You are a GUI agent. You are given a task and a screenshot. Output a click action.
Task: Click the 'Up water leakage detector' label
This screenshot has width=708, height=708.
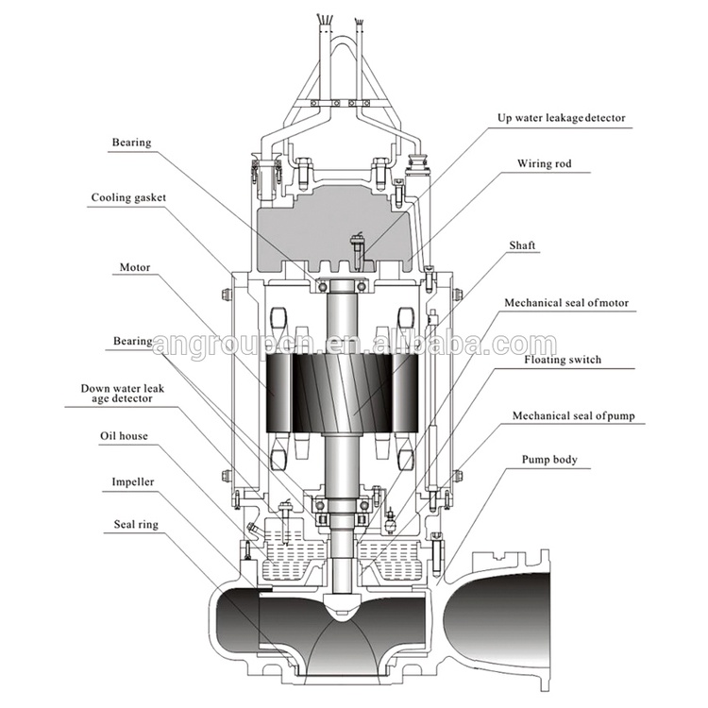(562, 118)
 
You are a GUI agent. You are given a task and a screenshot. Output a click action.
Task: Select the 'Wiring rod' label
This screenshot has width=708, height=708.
(544, 163)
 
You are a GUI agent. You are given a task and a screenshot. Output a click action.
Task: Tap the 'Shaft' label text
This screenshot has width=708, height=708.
(522, 245)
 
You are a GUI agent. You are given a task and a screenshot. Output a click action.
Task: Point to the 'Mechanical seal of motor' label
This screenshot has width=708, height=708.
(566, 302)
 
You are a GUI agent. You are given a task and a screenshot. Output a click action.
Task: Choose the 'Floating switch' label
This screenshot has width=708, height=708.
(563, 360)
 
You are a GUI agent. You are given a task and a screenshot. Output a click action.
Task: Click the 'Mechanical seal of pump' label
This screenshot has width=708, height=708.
(573, 416)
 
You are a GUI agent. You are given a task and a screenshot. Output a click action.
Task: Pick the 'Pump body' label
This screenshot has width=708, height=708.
(549, 460)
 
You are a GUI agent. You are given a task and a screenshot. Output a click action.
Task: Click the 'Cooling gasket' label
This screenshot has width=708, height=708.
(128, 198)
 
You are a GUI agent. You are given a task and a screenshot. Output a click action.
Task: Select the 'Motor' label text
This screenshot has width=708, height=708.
(135, 267)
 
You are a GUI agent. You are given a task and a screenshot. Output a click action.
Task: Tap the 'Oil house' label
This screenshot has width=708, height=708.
(124, 436)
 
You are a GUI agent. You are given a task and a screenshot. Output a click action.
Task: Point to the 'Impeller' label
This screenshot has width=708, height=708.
(133, 482)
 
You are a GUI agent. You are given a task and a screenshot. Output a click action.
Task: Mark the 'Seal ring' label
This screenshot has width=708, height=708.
(136, 524)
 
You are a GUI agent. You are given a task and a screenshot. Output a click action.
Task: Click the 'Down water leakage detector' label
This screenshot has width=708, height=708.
(123, 394)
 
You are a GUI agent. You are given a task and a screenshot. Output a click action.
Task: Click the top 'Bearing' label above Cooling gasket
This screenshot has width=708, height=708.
(131, 143)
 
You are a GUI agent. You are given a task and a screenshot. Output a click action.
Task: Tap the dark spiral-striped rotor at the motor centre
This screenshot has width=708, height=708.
(343, 393)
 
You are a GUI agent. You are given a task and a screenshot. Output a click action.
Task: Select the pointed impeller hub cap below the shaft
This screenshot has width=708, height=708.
(342, 605)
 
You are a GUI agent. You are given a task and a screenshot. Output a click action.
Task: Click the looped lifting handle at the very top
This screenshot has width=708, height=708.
(343, 68)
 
